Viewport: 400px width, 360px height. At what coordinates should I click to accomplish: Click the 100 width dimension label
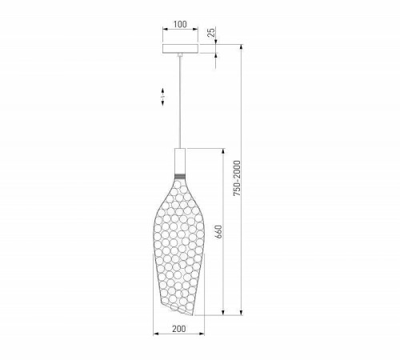(180, 24)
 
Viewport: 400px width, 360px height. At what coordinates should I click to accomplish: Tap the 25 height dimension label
(211, 32)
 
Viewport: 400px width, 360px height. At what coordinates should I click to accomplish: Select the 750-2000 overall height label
(237, 178)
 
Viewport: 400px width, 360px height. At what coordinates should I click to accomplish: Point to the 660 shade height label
(218, 232)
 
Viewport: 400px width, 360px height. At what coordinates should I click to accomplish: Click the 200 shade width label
(179, 329)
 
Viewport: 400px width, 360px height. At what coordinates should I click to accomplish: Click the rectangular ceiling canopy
(180, 49)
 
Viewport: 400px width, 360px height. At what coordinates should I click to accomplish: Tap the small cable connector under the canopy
(180, 55)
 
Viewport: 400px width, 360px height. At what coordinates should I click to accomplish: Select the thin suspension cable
(180, 102)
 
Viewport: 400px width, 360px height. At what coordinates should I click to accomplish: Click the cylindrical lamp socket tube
(180, 161)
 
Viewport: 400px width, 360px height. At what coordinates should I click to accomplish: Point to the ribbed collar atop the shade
(180, 177)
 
